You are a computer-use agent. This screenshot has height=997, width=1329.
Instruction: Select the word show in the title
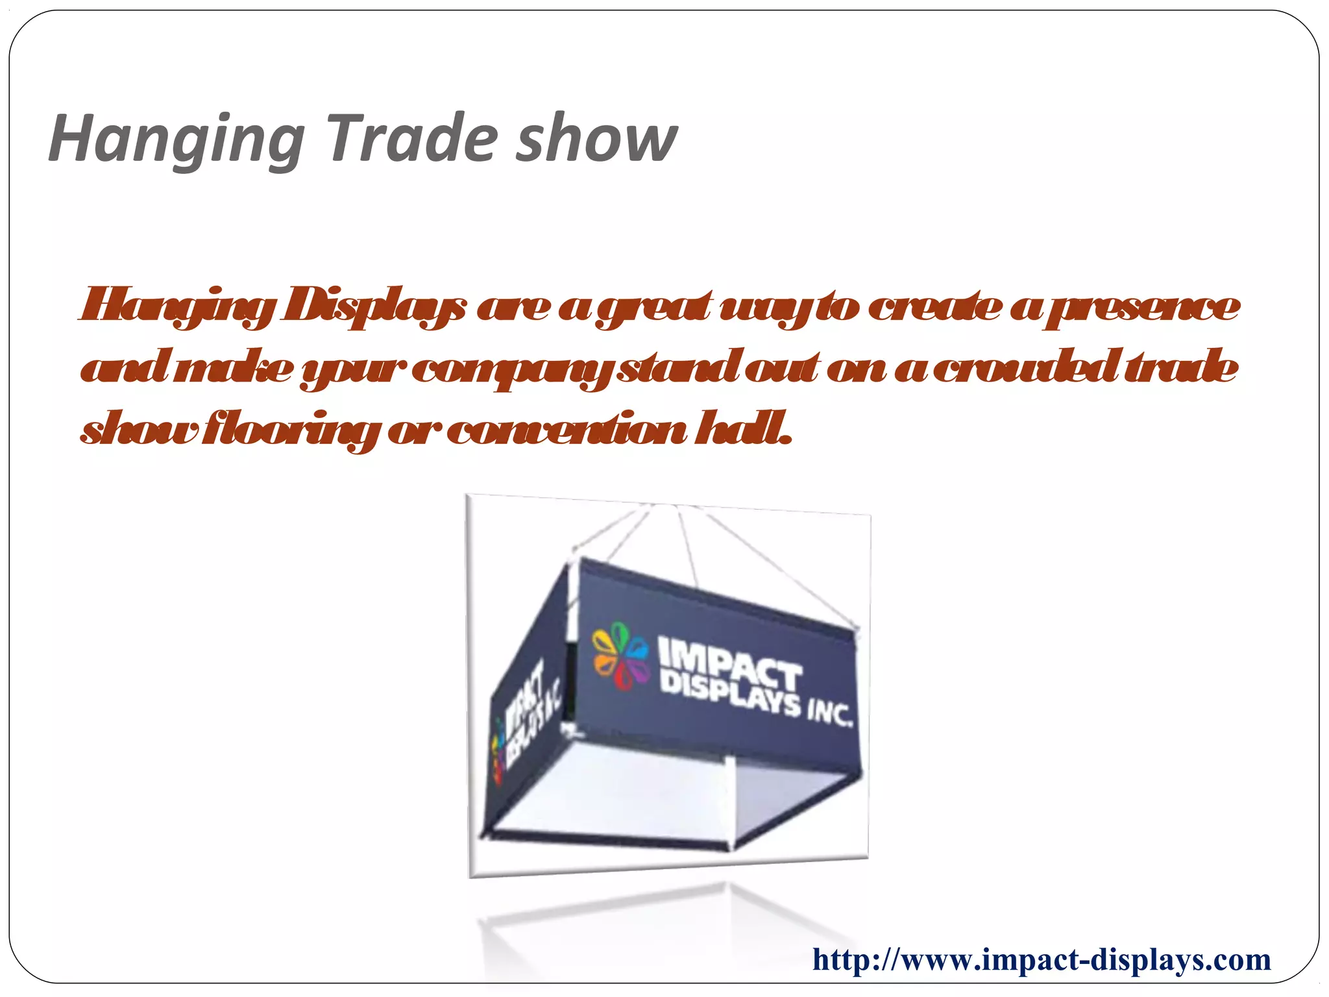[596, 139]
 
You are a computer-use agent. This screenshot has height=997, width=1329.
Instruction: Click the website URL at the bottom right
[1041, 959]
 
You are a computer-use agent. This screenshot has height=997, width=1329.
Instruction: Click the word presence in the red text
[1142, 306]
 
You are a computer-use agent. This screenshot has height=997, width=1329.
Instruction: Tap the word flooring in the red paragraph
[289, 430]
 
